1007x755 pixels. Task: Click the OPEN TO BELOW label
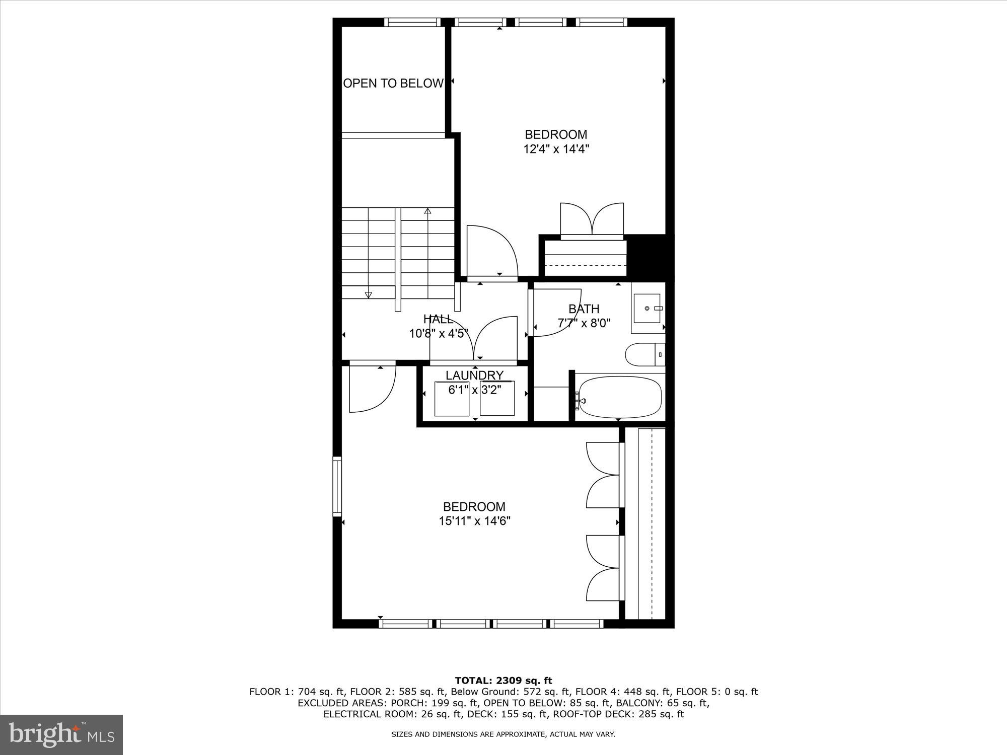(x=393, y=84)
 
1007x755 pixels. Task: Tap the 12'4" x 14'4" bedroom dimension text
(x=556, y=149)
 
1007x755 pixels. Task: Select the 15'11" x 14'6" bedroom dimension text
(x=474, y=521)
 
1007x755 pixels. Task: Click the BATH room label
(x=584, y=309)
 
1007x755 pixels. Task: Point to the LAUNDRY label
(x=474, y=375)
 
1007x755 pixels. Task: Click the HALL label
(x=438, y=319)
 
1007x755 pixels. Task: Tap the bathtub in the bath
(x=619, y=398)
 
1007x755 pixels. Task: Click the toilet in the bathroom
(x=644, y=355)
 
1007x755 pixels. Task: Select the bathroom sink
(x=647, y=308)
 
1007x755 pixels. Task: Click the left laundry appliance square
(x=452, y=399)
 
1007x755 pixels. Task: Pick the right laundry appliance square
(x=497, y=399)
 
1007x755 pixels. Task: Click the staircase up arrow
(x=428, y=211)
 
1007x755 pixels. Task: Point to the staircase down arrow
(x=368, y=294)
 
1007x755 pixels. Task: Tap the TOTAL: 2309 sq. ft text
(x=503, y=681)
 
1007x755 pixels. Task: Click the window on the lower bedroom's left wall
(x=337, y=486)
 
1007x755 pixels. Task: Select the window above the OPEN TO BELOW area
(x=412, y=22)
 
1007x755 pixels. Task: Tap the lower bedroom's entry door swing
(x=372, y=388)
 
